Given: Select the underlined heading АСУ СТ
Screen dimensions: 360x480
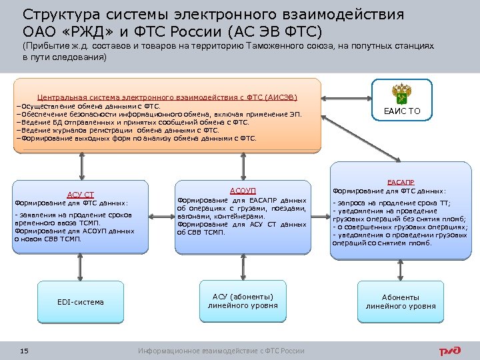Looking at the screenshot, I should (81, 195).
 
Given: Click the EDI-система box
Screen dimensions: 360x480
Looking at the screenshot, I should (81, 302).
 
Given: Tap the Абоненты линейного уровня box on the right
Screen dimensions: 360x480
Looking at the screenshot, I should (400, 301).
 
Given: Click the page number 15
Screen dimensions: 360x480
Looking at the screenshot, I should (24, 351).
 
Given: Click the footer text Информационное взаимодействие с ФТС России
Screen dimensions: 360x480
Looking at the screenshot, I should (221, 351).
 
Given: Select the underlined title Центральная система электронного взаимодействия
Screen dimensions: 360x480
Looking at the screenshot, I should (167, 97).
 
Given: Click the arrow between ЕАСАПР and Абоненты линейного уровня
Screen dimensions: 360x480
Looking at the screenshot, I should (400, 267).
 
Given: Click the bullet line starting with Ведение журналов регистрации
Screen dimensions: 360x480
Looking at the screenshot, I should (117, 131).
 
